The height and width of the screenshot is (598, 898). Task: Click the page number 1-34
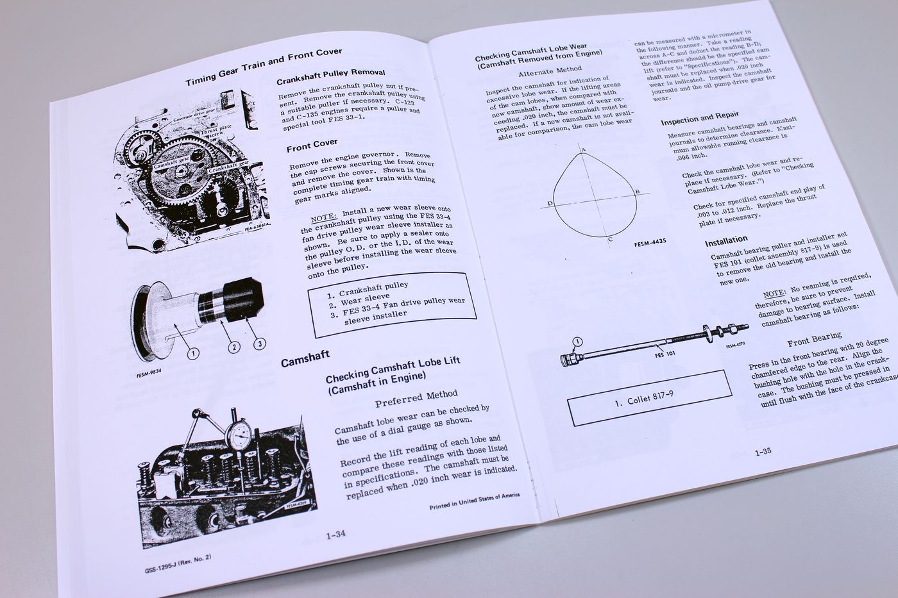[336, 535]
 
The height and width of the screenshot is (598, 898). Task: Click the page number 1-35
[763, 452]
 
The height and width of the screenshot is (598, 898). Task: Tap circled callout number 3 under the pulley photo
[259, 344]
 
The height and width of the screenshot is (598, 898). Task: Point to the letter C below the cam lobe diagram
[609, 239]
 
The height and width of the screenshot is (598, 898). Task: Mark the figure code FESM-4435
[650, 244]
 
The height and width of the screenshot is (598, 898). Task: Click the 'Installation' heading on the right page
[726, 242]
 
